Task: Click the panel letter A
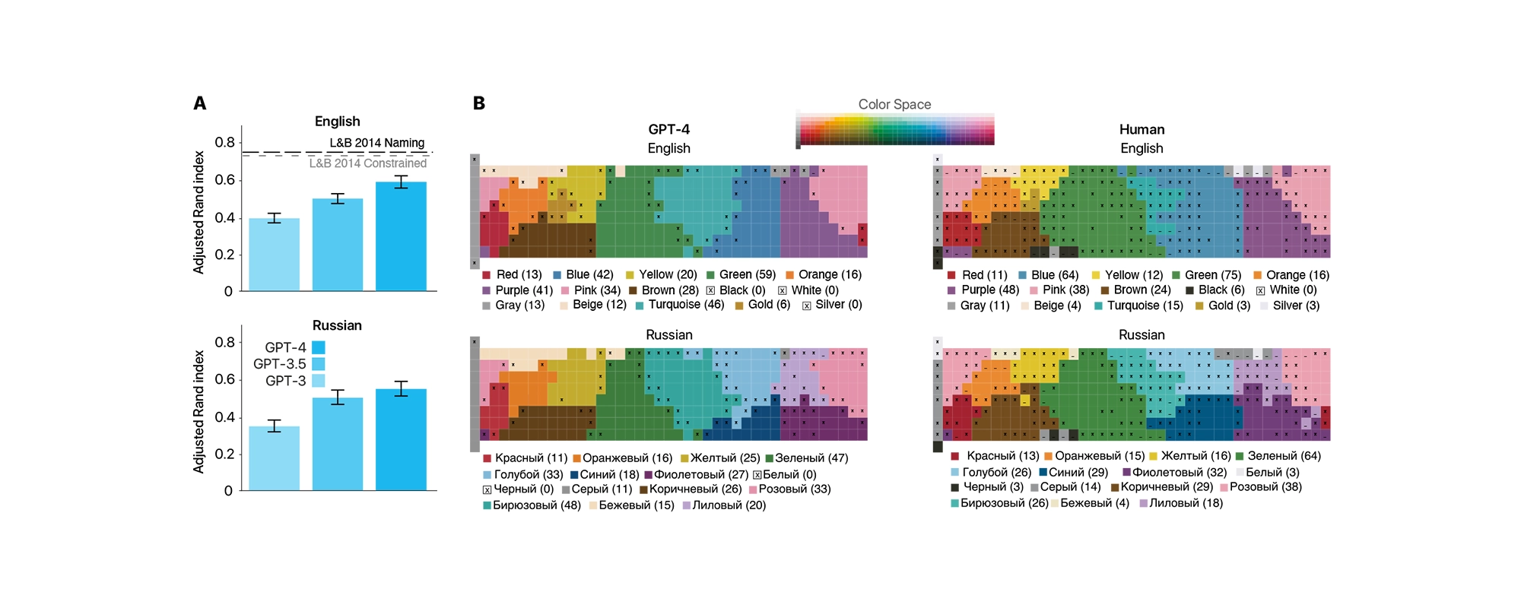200,103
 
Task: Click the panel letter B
479,103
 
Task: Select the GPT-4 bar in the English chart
401,236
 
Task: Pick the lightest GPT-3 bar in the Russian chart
274,458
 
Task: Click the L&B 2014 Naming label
376,143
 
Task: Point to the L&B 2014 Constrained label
367,163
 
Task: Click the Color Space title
894,105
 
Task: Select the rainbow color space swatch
895,129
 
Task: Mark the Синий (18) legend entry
605,474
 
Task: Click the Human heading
1142,130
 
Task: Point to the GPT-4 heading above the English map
668,130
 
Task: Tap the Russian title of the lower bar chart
337,325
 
